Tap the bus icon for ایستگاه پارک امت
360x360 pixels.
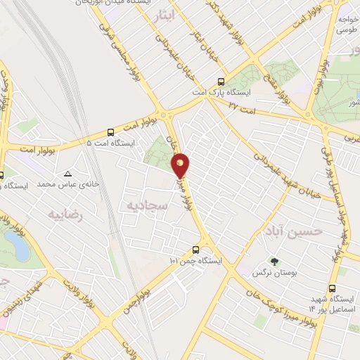[x=221, y=81]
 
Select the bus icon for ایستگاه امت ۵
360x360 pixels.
[x=110, y=132]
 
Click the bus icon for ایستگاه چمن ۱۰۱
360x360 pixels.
[x=195, y=250]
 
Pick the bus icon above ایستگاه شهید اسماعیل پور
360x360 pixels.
[x=333, y=288]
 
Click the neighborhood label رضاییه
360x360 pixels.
[x=65, y=215]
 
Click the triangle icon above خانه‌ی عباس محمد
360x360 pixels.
[x=67, y=174]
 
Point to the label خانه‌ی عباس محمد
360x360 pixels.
[x=65, y=184]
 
